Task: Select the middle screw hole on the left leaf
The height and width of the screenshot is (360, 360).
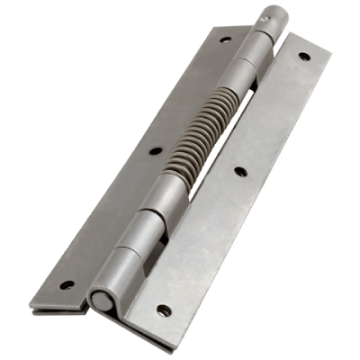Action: point(157,152)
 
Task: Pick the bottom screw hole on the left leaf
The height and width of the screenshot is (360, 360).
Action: point(67,285)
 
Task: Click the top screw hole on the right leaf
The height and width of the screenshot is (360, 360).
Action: point(303,56)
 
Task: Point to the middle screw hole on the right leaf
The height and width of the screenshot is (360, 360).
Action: point(240,169)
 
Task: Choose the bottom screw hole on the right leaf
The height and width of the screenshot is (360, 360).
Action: point(164,310)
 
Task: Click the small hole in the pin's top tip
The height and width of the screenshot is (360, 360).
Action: point(268,15)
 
